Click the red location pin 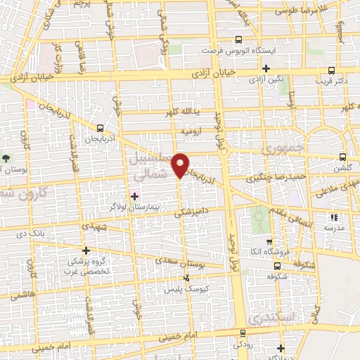[181, 165]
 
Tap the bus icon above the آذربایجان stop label [101, 128]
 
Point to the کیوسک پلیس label [207, 289]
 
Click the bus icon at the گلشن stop [342, 157]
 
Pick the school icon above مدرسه [331, 215]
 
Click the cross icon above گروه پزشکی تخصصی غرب [86, 250]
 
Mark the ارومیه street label [191, 131]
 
